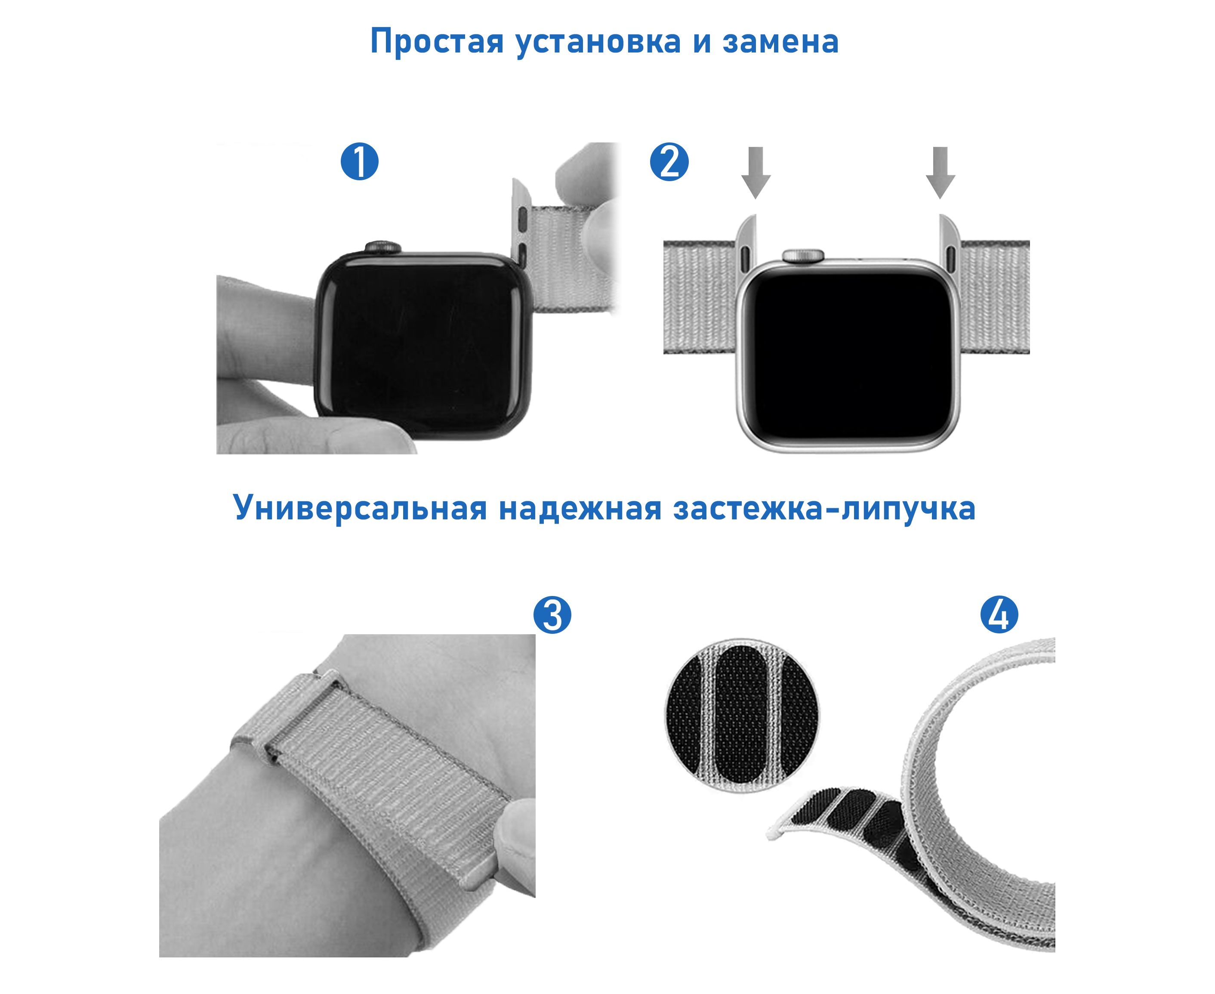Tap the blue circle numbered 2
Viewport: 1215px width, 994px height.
click(669, 162)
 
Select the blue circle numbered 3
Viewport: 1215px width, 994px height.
click(552, 615)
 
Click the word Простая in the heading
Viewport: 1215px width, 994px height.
click(437, 42)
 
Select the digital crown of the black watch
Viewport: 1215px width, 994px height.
click(379, 247)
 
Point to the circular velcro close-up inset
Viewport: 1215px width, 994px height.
click(742, 715)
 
